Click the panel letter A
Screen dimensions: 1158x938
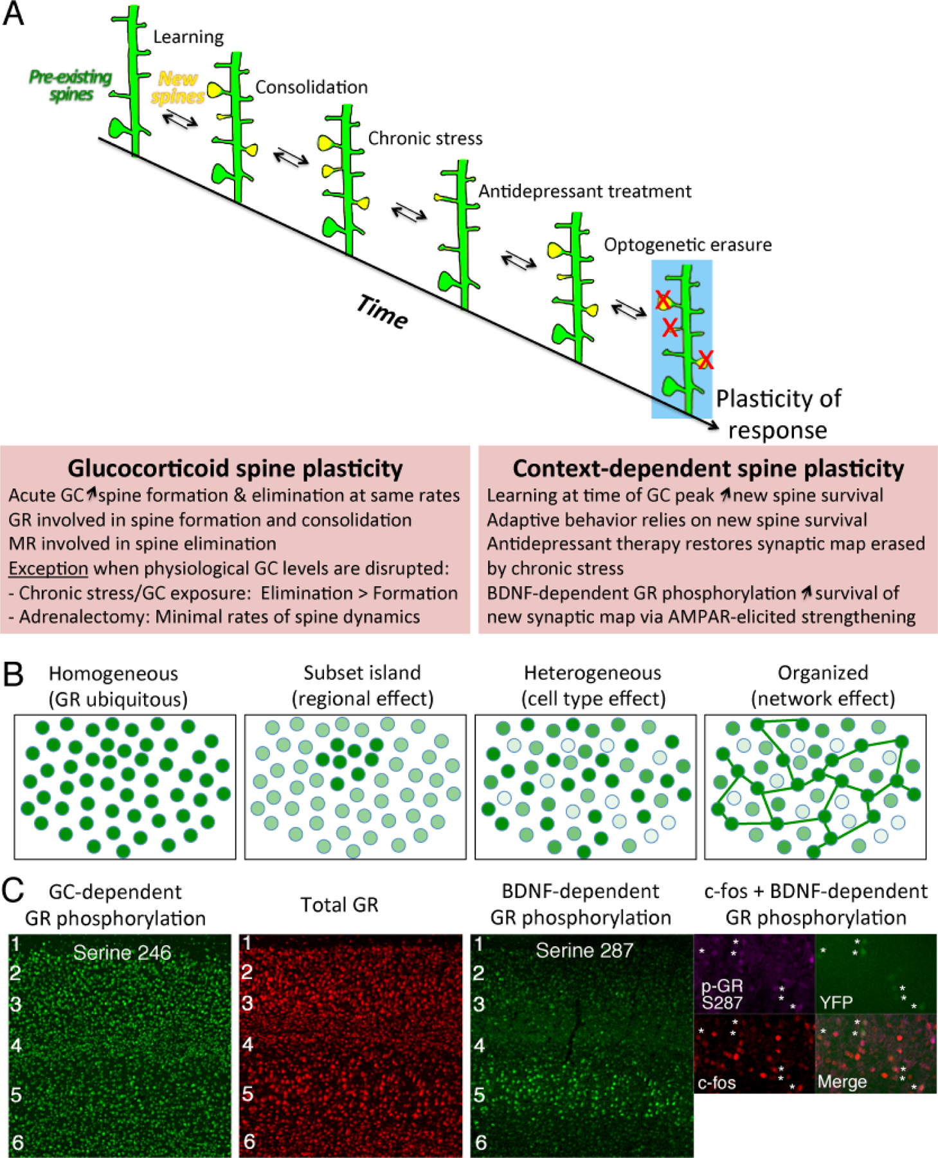[14, 14]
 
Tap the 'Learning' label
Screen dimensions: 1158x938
[188, 37]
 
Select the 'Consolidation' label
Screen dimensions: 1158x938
[311, 87]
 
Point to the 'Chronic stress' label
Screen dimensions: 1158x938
[425, 138]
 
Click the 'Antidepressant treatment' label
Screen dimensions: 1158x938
[584, 191]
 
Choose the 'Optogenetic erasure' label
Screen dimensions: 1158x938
[687, 244]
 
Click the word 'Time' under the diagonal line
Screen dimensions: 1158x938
[382, 311]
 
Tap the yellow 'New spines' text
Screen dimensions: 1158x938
[178, 87]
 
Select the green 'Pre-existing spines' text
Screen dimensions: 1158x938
[70, 86]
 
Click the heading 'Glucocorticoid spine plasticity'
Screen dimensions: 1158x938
[235, 468]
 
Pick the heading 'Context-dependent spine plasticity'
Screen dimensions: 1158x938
[708, 468]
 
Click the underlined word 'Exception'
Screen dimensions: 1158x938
[48, 569]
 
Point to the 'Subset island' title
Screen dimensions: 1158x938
[362, 673]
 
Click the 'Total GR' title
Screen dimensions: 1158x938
[339, 905]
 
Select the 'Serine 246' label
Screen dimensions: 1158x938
[122, 952]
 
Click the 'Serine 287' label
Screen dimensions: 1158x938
[584, 950]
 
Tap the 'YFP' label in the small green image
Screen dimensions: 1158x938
[836, 1002]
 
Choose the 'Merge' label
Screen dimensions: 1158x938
[842, 1081]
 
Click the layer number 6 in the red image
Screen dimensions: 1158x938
[249, 1141]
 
